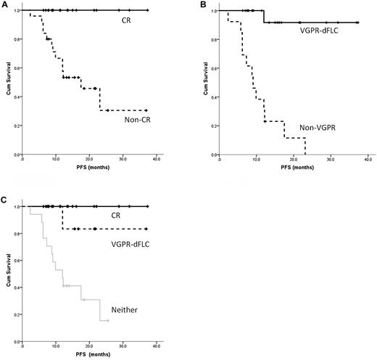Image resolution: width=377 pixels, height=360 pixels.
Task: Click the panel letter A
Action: click(x=5, y=4)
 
